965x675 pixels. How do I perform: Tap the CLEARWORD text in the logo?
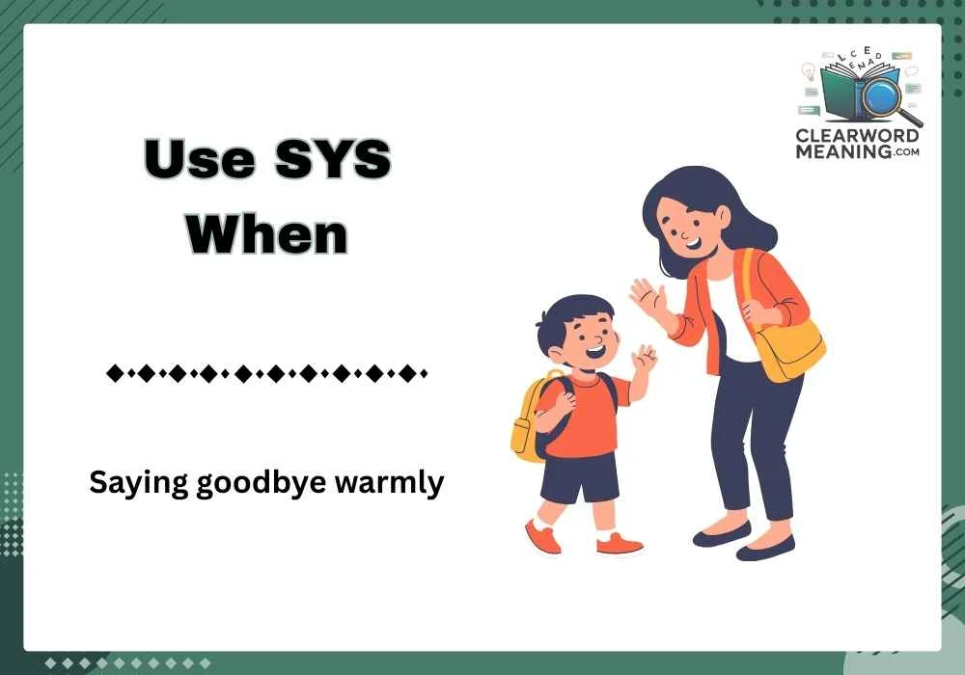(x=858, y=137)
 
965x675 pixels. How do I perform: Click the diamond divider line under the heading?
(x=266, y=372)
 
